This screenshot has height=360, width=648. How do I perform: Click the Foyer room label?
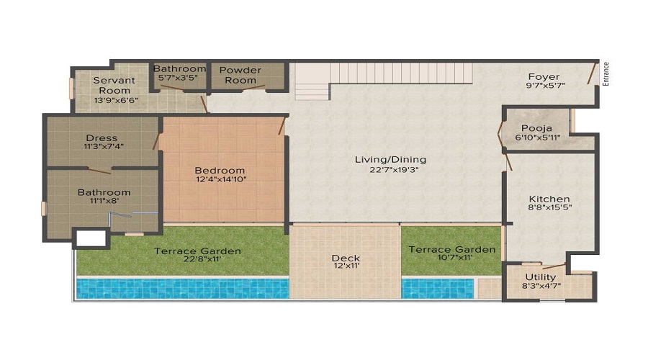[544, 77]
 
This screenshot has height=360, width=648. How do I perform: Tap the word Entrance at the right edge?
[606, 73]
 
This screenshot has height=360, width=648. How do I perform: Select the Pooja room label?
[536, 127]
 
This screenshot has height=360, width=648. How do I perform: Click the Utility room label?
[540, 277]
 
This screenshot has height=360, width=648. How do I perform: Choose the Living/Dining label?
[390, 159]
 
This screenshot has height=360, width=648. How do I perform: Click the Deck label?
[346, 258]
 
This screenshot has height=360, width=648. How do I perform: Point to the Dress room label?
[102, 138]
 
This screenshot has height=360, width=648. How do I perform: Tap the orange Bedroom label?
[220, 171]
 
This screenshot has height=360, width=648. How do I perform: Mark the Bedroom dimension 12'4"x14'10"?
[221, 180]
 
